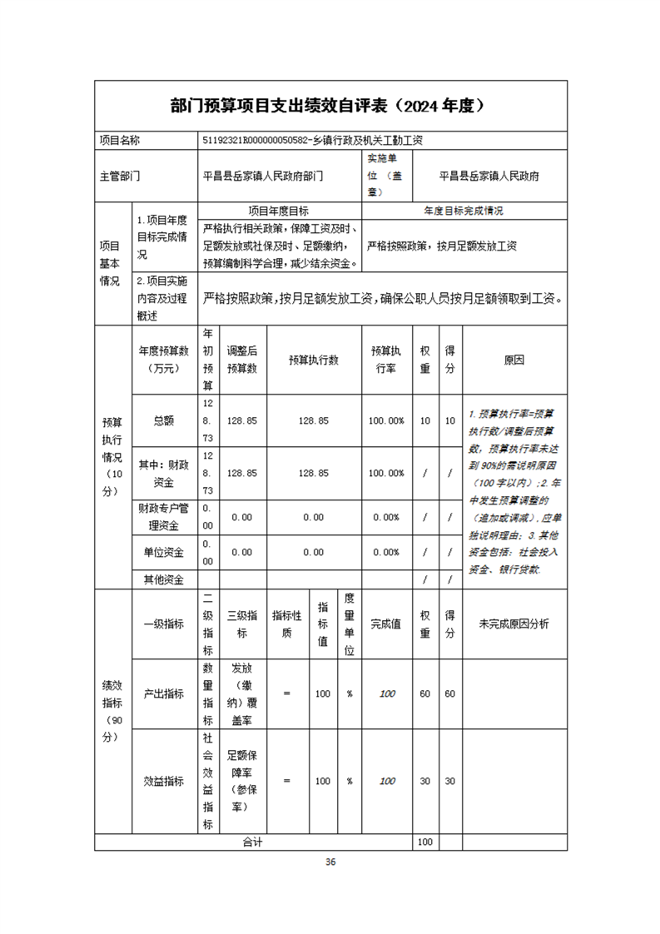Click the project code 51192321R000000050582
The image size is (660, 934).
255,141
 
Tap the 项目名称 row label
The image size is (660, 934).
120,141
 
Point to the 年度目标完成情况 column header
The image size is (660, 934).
464,211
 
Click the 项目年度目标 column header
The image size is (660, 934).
280,211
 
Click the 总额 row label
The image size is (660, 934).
163,421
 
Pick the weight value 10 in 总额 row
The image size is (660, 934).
425,421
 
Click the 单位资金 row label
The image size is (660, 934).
163,552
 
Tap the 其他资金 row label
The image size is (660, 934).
163,579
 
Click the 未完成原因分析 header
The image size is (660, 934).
514,624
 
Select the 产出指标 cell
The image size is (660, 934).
163,693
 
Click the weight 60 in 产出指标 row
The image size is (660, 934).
425,693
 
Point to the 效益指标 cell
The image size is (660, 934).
163,782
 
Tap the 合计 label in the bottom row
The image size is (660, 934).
252,842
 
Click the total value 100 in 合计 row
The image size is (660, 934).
425,842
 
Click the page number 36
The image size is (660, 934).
330,862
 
